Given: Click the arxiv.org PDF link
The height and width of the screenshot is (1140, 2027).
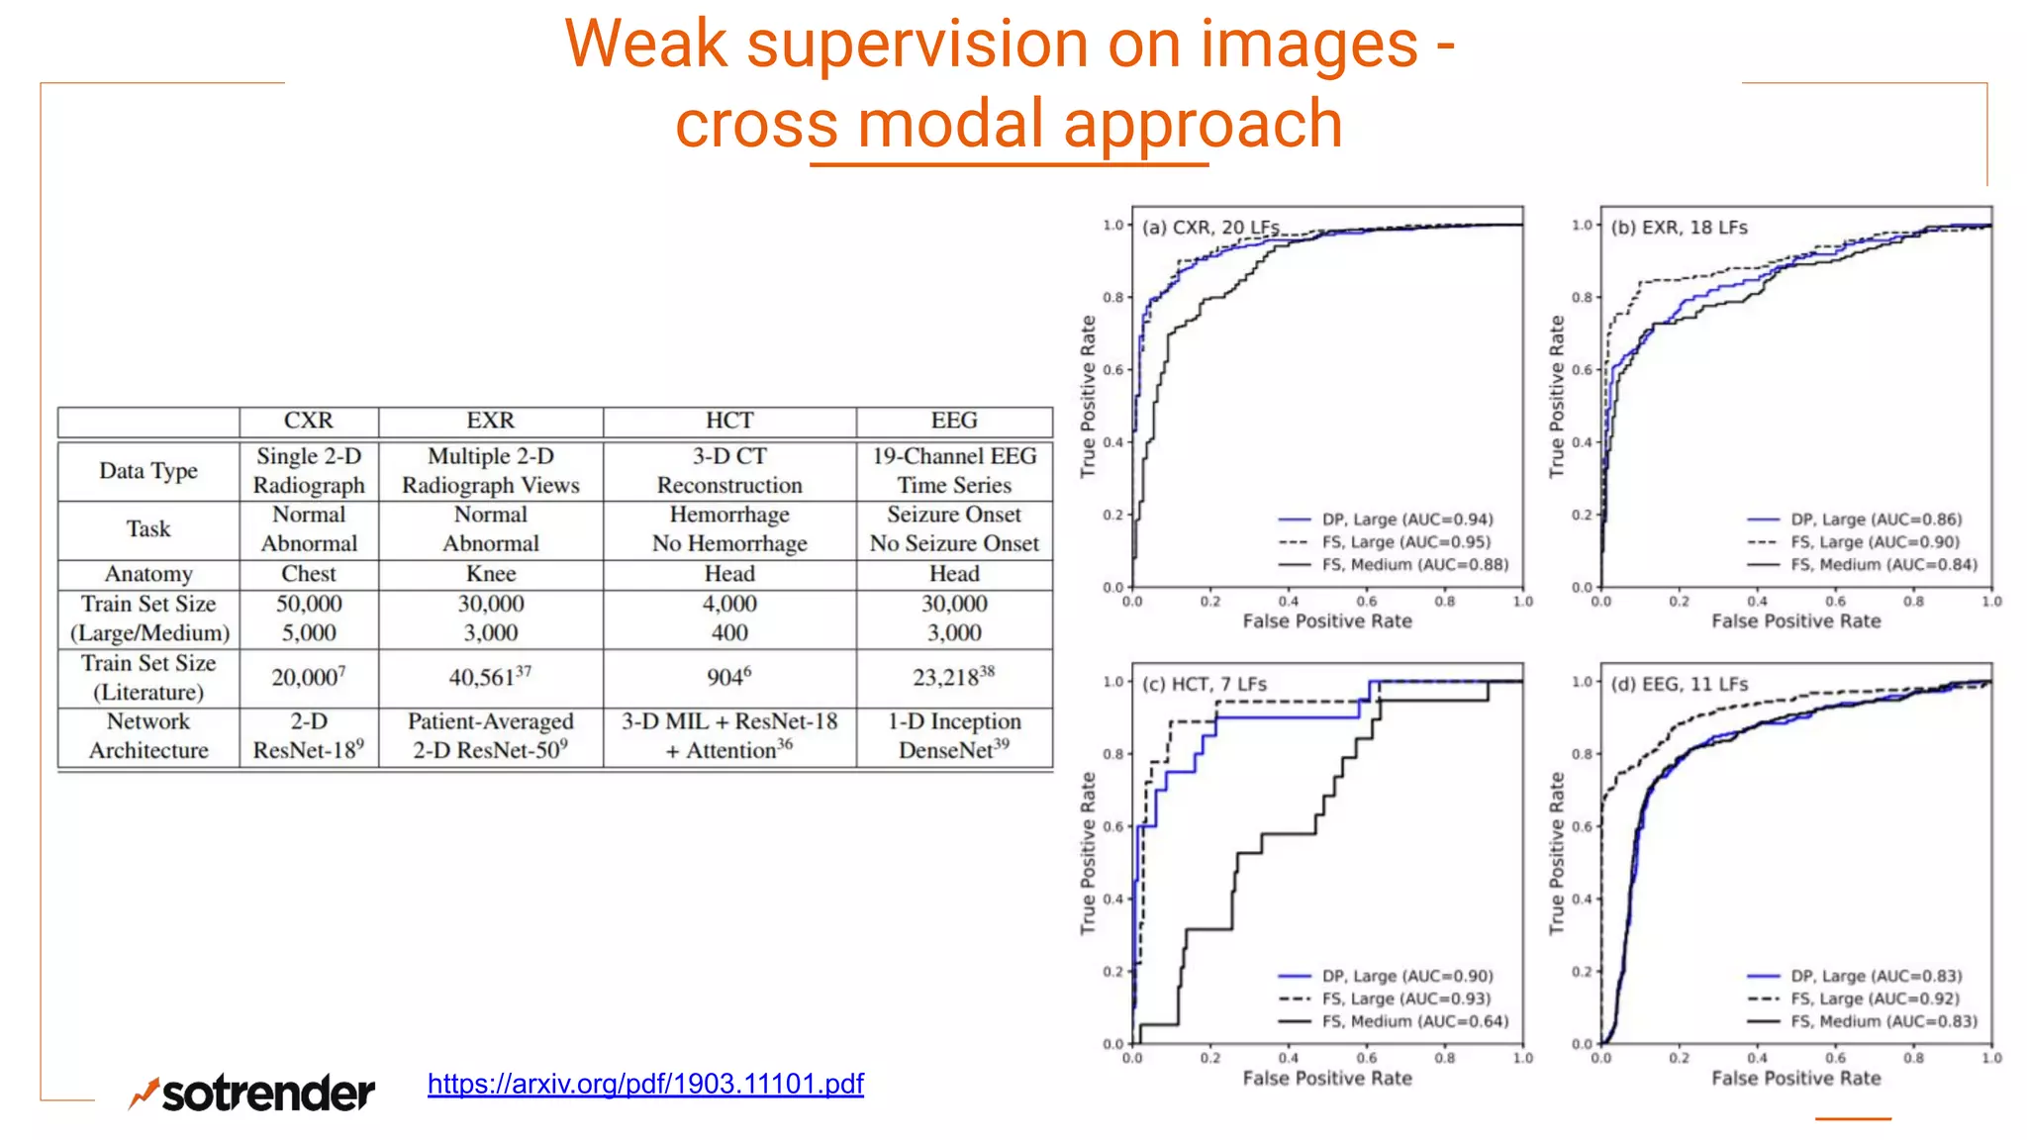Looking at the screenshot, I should [x=645, y=1084].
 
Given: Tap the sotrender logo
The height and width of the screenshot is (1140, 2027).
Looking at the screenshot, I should [x=252, y=1092].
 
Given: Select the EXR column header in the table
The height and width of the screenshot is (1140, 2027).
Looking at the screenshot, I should [x=491, y=421].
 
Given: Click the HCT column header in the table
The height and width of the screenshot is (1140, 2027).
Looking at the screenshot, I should [x=729, y=421].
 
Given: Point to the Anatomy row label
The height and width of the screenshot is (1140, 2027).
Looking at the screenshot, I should [x=148, y=574].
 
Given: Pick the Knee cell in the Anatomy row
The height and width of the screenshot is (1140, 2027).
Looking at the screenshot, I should [x=491, y=574].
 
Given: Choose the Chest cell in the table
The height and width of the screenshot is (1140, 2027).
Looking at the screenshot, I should [x=309, y=574].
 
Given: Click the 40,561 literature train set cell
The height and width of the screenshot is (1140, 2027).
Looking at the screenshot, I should [x=491, y=677].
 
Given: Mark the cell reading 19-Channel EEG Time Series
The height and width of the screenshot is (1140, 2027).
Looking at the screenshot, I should [x=954, y=470].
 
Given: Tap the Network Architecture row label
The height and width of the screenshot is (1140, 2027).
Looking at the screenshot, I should [x=148, y=735].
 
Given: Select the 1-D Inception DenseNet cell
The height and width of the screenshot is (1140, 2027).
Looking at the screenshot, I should [x=954, y=735].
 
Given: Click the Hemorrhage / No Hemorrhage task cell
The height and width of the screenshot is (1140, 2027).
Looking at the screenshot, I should [x=729, y=528].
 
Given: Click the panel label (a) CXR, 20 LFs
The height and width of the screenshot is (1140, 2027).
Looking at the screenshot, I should [x=1210, y=228].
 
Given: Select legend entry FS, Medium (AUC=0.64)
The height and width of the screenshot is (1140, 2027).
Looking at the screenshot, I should [x=1415, y=1021].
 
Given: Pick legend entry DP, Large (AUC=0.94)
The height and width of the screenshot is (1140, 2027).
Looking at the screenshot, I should [x=1407, y=520].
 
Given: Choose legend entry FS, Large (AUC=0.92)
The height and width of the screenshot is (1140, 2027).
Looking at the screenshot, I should [x=1875, y=998].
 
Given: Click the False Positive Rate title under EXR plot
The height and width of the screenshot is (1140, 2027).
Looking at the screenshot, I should [x=1795, y=621].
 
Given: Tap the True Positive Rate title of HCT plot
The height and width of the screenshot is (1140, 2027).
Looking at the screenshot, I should [x=1088, y=853].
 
